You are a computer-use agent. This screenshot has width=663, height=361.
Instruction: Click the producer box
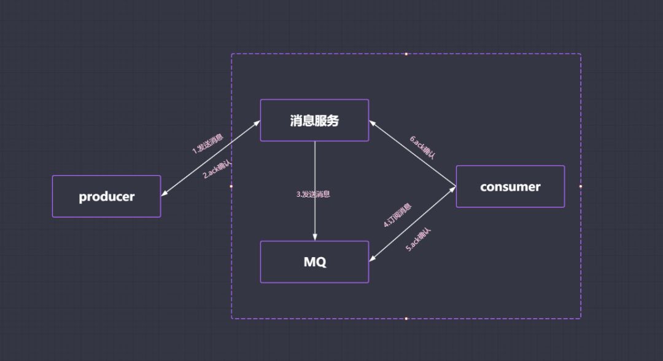pos(106,196)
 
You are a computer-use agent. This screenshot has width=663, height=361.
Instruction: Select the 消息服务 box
pos(314,121)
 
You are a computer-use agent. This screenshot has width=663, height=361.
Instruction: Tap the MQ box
pos(314,262)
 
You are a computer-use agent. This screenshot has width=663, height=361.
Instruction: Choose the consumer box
pos(510,186)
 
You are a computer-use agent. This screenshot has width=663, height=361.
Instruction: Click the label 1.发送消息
pos(207,143)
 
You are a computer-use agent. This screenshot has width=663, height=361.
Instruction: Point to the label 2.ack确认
pos(217,169)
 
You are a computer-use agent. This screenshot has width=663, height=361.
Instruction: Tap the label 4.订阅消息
pos(397,215)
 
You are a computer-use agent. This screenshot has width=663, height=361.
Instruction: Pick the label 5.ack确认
pos(419,240)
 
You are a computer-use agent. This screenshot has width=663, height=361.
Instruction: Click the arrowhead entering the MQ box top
pos(315,237)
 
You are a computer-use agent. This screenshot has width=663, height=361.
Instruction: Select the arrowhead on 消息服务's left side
pos(257,123)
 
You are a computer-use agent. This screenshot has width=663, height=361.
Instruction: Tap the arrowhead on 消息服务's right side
pos(372,122)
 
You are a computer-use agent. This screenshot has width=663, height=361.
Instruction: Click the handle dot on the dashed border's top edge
pos(406,54)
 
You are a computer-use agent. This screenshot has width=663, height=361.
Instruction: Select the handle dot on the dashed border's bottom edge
pos(406,319)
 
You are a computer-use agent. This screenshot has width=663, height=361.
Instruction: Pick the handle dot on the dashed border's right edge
pos(580,186)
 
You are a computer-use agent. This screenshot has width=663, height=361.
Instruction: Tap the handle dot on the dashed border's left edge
pos(231,186)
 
